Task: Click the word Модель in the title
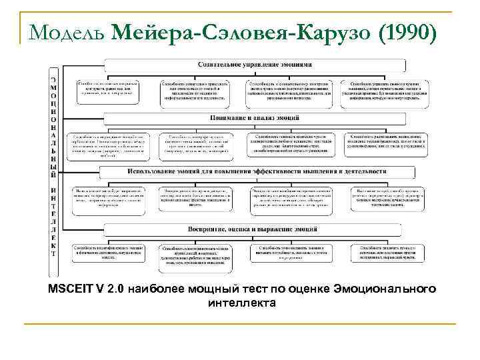(x=65, y=31)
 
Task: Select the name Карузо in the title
(x=323, y=31)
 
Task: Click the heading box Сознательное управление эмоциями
(x=254, y=65)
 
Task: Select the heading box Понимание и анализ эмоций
(x=254, y=118)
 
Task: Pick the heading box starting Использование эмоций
(x=254, y=171)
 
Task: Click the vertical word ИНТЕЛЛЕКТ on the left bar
(x=53, y=217)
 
